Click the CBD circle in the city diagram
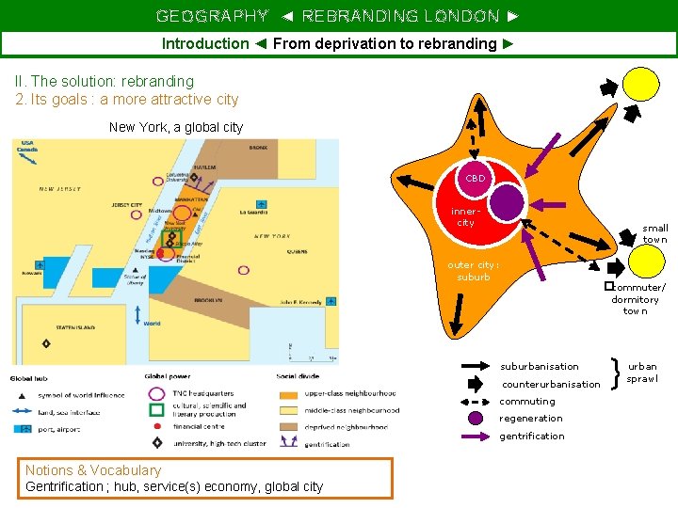coord(476,179)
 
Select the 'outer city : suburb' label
coord(473,271)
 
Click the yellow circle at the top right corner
coord(642,83)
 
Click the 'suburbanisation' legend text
coord(540,366)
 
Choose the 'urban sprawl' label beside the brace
coord(643,372)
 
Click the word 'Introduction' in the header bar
coord(205,43)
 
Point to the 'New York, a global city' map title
coord(176,127)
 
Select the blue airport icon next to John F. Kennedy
coord(331,302)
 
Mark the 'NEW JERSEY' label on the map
coord(60,188)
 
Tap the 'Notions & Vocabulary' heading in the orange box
coord(93,469)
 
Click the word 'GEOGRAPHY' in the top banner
coord(212,16)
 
